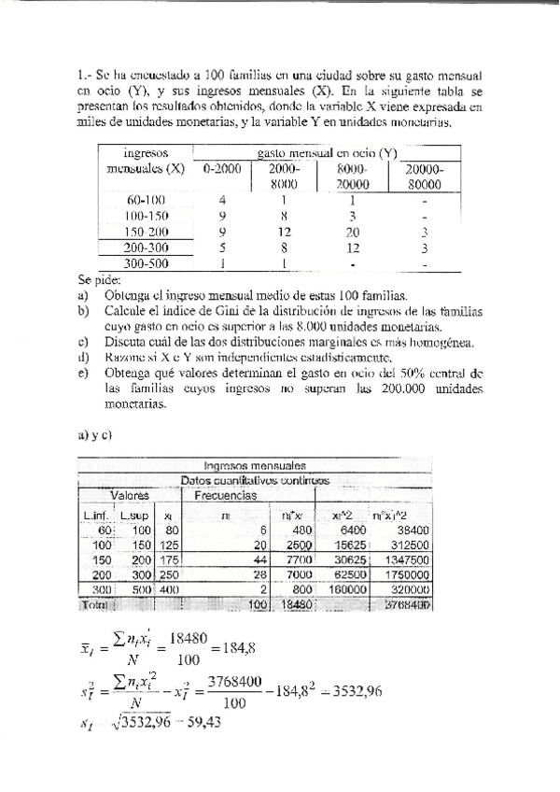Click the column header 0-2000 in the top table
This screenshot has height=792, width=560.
[x=222, y=169]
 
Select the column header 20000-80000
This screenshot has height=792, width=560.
[x=424, y=177]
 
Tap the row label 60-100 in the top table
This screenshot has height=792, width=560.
[x=146, y=199]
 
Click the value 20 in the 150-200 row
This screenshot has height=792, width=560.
[x=352, y=232]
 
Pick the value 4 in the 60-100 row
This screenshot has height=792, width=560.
[x=222, y=199]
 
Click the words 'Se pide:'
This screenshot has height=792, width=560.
[x=99, y=279]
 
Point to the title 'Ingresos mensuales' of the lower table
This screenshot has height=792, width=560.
[x=255, y=465]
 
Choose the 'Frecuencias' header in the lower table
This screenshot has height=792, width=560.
[x=226, y=496]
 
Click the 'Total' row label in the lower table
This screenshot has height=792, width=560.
[x=96, y=605]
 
